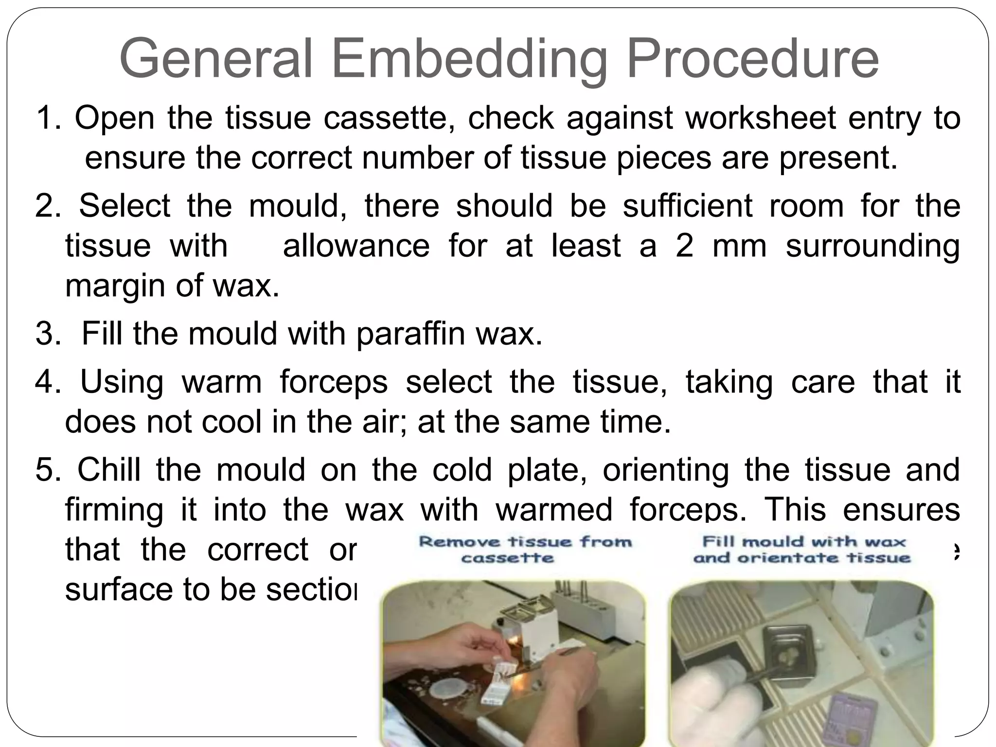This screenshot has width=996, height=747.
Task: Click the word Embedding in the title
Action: (469, 59)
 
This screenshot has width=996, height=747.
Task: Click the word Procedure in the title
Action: (752, 59)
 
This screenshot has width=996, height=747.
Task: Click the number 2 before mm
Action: (684, 246)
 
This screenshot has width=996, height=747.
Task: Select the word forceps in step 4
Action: (334, 382)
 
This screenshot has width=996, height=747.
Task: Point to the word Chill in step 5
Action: (108, 470)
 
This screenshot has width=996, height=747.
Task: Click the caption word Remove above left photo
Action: (460, 542)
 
